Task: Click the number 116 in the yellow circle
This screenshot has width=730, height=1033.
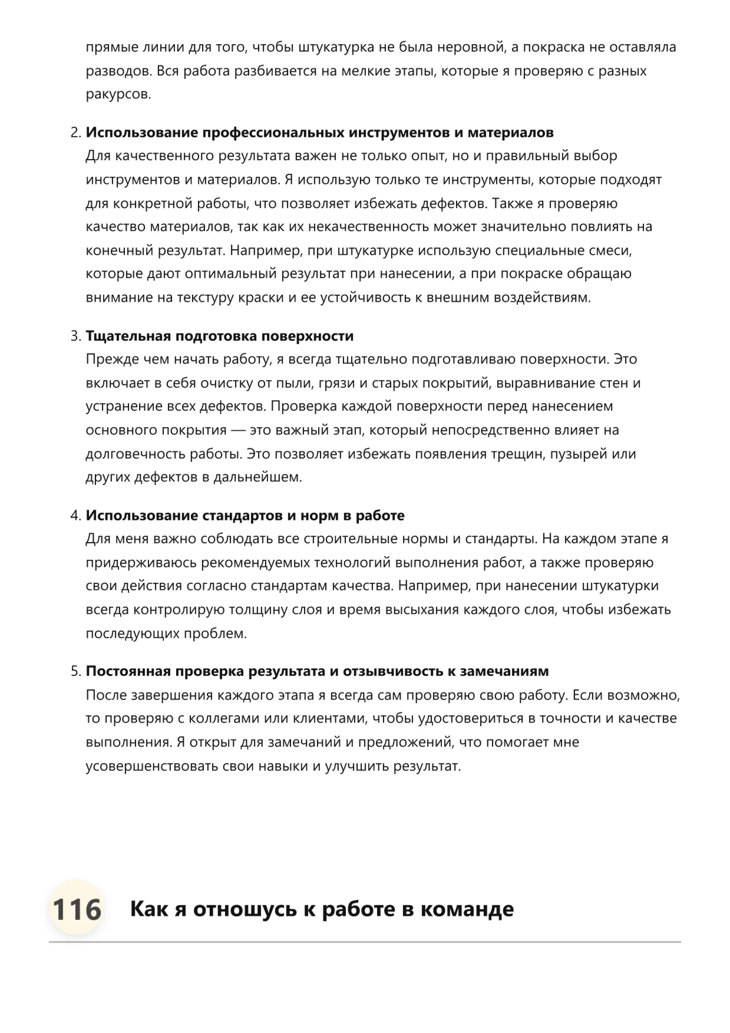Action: [x=77, y=909]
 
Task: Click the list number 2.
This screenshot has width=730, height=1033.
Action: [x=75, y=133]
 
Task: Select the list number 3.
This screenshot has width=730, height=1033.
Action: [x=75, y=336]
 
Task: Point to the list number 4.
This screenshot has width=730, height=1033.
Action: [x=75, y=516]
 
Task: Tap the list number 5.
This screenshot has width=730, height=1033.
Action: [x=75, y=671]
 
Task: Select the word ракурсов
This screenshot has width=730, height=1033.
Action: [x=118, y=94]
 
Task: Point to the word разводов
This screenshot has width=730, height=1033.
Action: [x=118, y=71]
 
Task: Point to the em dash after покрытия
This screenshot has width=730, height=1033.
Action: [x=238, y=430]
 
